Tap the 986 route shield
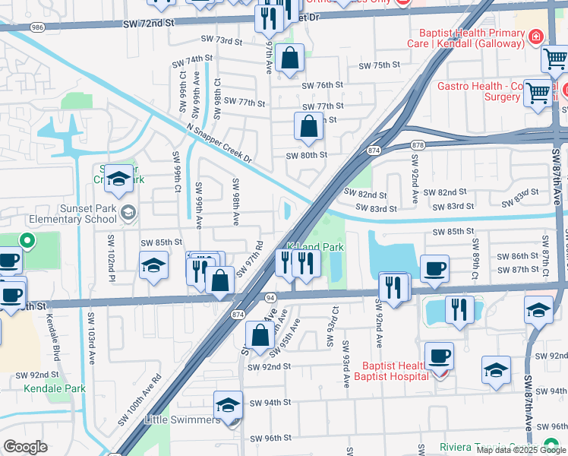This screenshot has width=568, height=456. point(37,27)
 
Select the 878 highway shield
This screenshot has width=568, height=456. point(417,144)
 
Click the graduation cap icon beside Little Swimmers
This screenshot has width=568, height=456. point(228,405)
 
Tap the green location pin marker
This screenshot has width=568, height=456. point(27,242)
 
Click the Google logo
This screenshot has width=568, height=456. point(26,447)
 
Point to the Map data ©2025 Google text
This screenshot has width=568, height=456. point(521,449)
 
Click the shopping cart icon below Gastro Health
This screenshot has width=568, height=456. point(538,94)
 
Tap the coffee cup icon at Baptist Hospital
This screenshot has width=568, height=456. point(438,356)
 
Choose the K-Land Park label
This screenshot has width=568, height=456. point(315,247)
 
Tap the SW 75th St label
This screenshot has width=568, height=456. point(393,65)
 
